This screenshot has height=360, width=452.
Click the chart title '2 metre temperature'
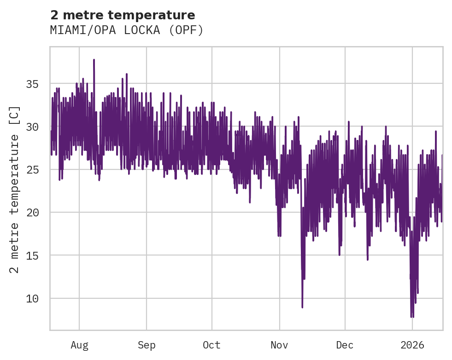(x=123, y=15)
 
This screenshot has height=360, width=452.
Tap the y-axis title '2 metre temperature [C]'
(x=15, y=189)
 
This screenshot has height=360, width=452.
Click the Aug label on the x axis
(x=79, y=345)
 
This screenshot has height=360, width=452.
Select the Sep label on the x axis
(x=147, y=345)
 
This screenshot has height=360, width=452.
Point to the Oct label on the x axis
(x=212, y=345)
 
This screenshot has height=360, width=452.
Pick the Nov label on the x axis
(x=279, y=345)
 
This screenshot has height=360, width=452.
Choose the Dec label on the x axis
(x=345, y=345)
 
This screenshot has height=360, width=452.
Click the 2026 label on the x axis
(x=412, y=345)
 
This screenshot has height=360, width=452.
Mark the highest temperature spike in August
(x=94, y=60)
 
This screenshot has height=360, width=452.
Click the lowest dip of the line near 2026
(x=412, y=316)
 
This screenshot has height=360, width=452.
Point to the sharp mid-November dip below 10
(x=302, y=307)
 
